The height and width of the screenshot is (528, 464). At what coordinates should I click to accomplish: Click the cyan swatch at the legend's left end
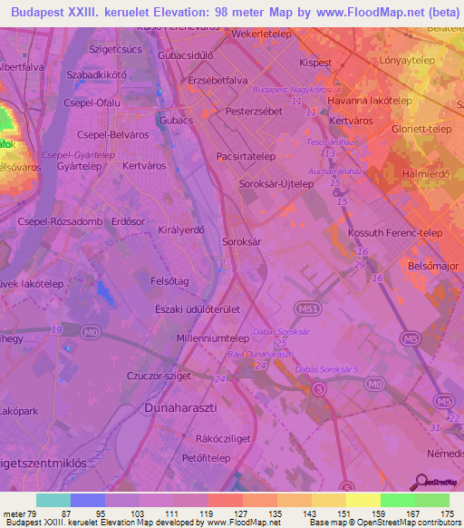tap(53, 500)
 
